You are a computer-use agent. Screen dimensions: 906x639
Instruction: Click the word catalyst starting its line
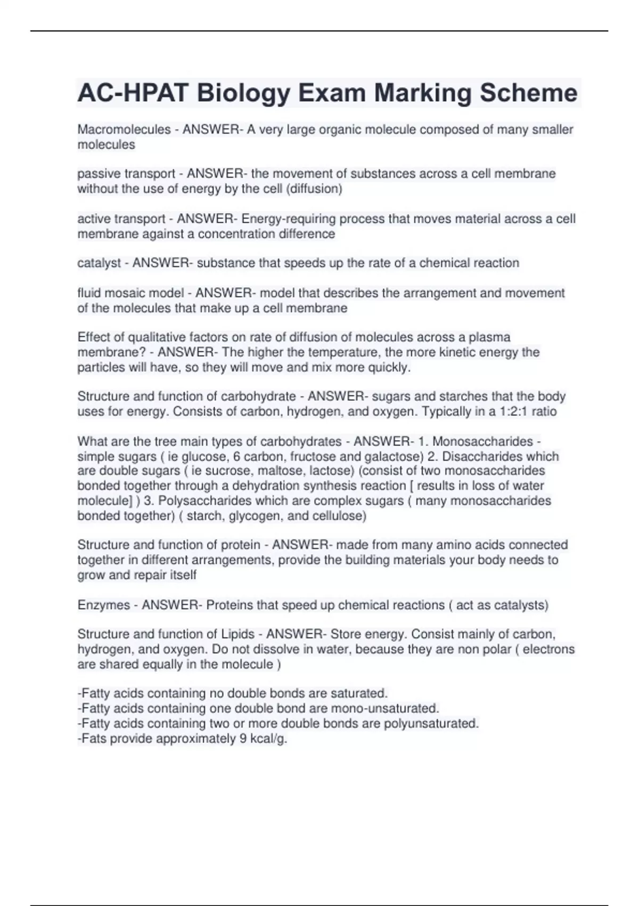[x=99, y=263]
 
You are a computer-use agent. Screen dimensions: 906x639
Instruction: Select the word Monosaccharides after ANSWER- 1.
[x=482, y=441]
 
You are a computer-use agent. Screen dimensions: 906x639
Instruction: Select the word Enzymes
[x=103, y=605]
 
